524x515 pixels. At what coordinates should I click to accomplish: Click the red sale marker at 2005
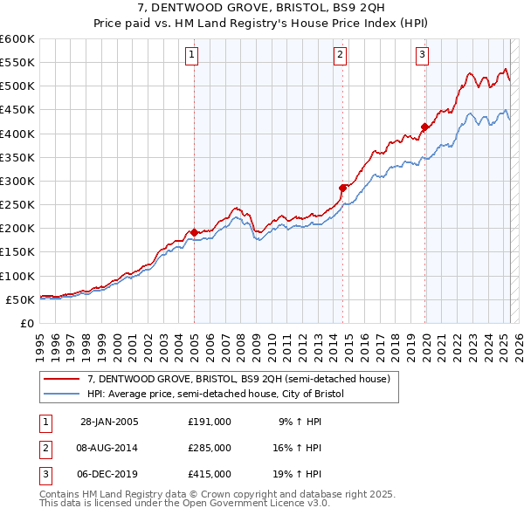[194, 232]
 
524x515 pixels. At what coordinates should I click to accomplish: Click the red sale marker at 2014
[343, 188]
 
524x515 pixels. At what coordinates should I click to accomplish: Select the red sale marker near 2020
[424, 127]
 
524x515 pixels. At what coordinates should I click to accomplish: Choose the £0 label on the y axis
[26, 323]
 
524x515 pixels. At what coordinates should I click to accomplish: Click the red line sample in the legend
[62, 379]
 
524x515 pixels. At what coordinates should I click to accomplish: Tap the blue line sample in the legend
[62, 394]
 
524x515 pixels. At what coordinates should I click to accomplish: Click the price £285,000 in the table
[210, 448]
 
